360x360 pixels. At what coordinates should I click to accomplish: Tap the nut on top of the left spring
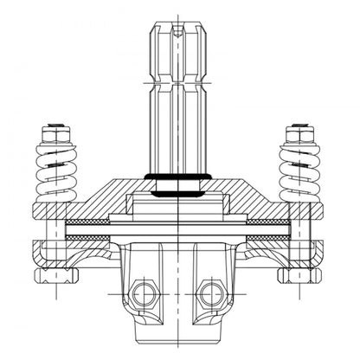click(x=56, y=133)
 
